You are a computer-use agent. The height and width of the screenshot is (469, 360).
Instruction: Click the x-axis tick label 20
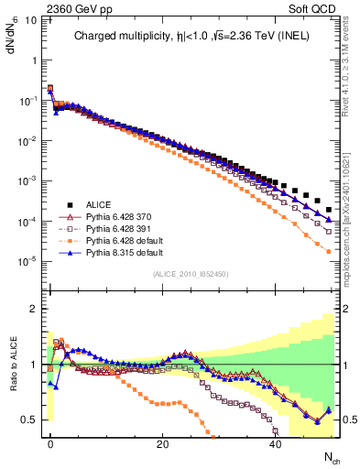tap(162, 442)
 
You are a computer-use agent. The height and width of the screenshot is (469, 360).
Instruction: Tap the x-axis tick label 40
tap(275, 442)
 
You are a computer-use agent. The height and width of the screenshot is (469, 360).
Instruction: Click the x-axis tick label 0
tap(49, 442)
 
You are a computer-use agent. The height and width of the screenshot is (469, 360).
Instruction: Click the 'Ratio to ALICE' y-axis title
tap(13, 365)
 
